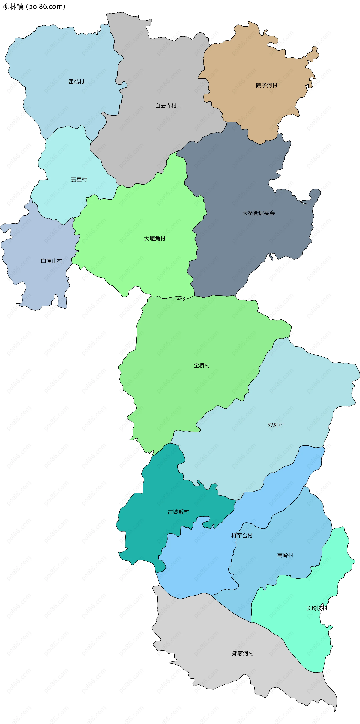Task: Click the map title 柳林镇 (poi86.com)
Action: pos(34,6)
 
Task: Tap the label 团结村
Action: pos(76,82)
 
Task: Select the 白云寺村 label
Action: pos(166,106)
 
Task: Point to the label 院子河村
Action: pos(267,85)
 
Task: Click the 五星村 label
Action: pos(79,180)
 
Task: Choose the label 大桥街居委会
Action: pos(259,213)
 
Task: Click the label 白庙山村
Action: pos(51,261)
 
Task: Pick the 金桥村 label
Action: pos(202,365)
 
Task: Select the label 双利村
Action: pos(276,425)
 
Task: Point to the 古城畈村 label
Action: pos(178,512)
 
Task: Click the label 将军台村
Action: pos(242,535)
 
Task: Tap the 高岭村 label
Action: pos(285,555)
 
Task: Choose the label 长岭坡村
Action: pos(317,608)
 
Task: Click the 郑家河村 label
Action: pos(243,653)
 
